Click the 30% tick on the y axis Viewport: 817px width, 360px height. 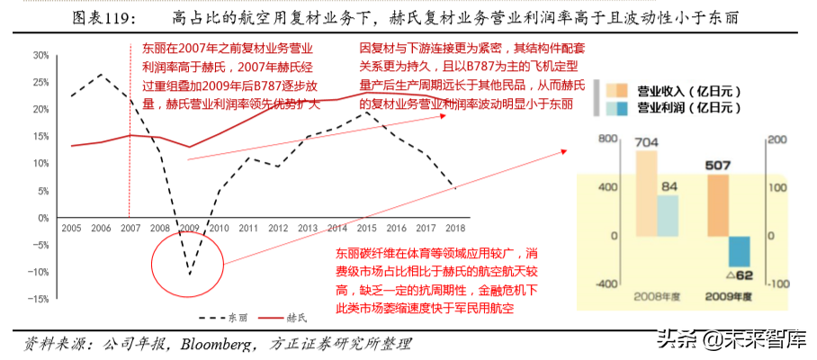coord(40,55)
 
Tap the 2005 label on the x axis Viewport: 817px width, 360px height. coord(71,229)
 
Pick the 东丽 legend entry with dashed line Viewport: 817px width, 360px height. coord(221,318)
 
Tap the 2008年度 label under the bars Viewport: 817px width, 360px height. coord(659,294)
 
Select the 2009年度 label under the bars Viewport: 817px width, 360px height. coord(729,294)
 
